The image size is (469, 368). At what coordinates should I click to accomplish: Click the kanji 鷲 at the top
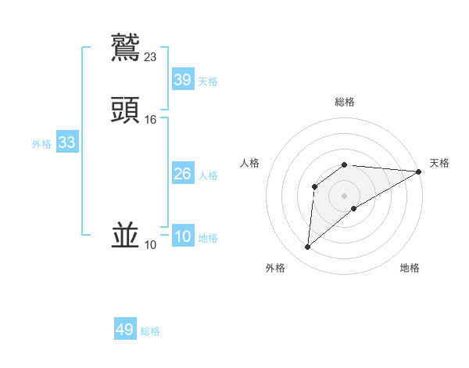(125, 47)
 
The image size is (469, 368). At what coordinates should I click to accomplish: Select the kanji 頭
(125, 110)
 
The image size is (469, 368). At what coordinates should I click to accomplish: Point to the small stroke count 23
(151, 56)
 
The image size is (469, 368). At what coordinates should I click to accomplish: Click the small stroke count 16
(151, 120)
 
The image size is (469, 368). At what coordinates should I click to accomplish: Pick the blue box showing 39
(182, 80)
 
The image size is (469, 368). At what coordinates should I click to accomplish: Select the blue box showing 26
(182, 174)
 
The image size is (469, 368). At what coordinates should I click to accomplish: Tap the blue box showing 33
(66, 143)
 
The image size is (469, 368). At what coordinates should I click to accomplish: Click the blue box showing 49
(125, 330)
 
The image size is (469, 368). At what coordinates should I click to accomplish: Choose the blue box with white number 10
(182, 236)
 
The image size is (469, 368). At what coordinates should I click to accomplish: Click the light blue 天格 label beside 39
(208, 81)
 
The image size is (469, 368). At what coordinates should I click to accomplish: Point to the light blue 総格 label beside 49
(150, 331)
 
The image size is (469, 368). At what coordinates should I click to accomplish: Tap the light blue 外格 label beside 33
(41, 144)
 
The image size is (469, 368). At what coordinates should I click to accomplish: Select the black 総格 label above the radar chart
(345, 102)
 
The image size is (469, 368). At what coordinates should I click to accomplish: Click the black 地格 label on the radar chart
(410, 269)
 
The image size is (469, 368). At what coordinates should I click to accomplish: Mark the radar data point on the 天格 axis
(419, 171)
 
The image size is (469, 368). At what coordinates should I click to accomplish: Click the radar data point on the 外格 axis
(307, 247)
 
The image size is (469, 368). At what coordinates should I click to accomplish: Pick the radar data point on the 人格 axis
(314, 186)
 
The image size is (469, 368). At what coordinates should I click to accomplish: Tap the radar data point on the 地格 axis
(354, 208)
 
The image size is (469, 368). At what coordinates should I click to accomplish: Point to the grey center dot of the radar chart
(345, 195)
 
